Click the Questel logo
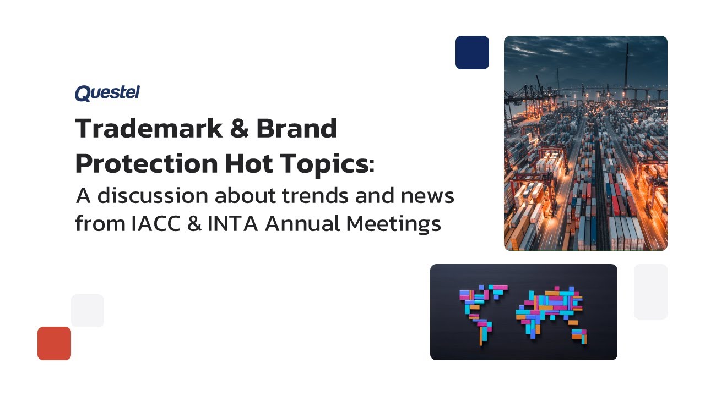click(107, 93)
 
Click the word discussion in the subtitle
click(151, 196)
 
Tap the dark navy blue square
click(472, 53)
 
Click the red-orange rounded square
click(54, 343)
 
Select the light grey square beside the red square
click(88, 311)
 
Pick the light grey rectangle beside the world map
click(650, 291)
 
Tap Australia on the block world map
click(579, 335)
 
